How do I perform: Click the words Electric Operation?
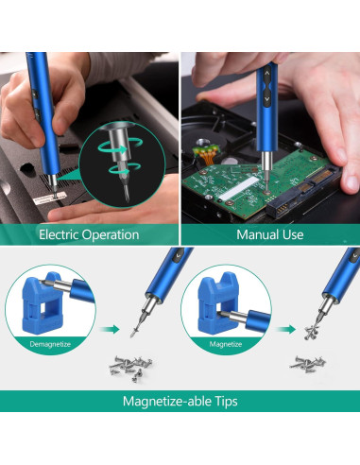[89, 234]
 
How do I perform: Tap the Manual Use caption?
[270, 234]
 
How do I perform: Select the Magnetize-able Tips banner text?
[180, 402]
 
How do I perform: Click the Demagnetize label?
[50, 344]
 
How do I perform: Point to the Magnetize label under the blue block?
[226, 344]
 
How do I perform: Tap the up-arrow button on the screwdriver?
[267, 74]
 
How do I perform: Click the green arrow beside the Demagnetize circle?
[110, 330]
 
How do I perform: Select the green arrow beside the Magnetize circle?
[285, 330]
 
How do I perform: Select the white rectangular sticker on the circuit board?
[237, 188]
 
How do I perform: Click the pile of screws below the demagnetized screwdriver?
[130, 368]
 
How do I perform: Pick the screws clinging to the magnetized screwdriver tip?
[311, 333]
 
